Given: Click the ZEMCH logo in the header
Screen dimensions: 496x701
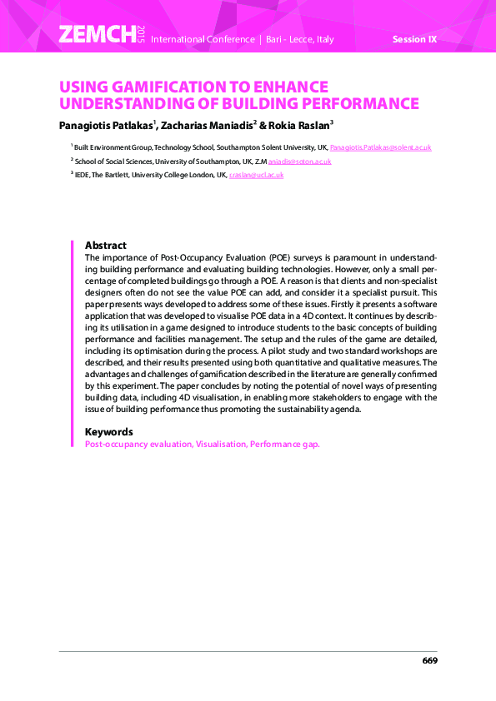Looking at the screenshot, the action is tap(96, 34).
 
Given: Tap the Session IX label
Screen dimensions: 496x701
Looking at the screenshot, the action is tap(414, 39).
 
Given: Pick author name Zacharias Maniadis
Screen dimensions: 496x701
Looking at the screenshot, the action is tap(207, 126).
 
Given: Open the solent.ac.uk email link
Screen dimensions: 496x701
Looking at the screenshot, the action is tap(380, 147).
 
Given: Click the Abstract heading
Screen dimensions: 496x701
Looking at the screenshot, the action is tap(106, 246).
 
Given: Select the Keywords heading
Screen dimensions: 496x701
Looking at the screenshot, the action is tap(109, 432).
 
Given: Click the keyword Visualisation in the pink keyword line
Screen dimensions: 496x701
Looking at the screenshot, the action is tap(220, 445).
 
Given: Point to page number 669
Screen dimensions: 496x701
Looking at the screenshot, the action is tap(429, 660).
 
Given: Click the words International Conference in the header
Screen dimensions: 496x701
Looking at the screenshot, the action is tap(203, 39).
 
